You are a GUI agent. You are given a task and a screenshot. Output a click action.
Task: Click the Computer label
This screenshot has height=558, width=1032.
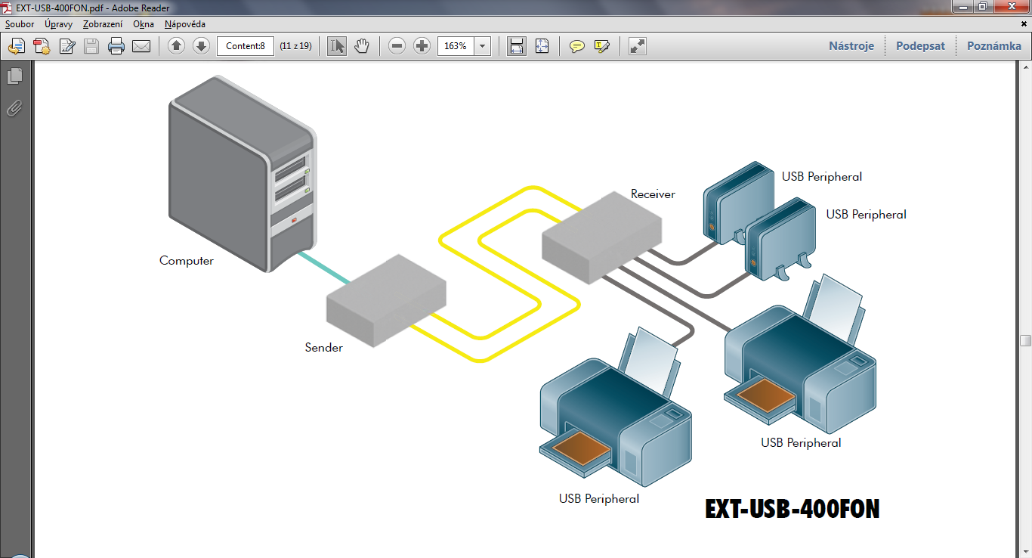(x=187, y=261)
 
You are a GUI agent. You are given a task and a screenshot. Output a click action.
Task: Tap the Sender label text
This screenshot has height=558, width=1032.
(x=323, y=348)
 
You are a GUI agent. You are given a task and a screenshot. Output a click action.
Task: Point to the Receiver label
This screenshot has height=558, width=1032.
(x=653, y=194)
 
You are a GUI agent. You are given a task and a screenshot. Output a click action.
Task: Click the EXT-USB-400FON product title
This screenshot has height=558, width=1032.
(x=793, y=509)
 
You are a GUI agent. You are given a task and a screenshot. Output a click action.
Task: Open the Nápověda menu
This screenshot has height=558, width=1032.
(x=185, y=24)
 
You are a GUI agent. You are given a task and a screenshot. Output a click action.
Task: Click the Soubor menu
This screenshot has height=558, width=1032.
(x=20, y=24)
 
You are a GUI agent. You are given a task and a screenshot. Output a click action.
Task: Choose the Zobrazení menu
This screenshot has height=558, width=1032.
(x=103, y=24)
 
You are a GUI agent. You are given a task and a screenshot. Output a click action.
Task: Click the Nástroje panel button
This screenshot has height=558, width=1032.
(x=851, y=46)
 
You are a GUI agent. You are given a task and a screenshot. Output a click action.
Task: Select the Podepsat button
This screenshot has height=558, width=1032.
(x=920, y=46)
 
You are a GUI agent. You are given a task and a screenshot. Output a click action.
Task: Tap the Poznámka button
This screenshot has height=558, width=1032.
(x=993, y=46)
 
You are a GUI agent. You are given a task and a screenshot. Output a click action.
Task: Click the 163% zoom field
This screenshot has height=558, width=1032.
(x=456, y=46)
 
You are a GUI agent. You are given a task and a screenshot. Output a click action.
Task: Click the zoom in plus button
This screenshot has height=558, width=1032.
(x=422, y=46)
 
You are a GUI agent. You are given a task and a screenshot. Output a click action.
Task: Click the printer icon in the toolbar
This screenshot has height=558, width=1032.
(x=116, y=46)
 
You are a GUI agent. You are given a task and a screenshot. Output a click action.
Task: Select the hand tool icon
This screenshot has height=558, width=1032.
(x=362, y=46)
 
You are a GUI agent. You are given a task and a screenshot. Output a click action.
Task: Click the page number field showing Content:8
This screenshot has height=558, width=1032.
(x=246, y=46)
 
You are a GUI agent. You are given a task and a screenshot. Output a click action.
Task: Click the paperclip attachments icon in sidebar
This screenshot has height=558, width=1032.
(x=14, y=108)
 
